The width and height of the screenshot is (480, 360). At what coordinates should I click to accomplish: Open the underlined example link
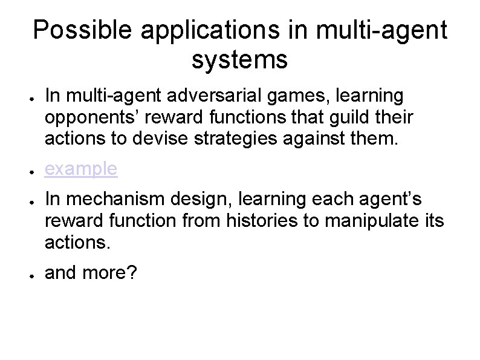81,169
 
